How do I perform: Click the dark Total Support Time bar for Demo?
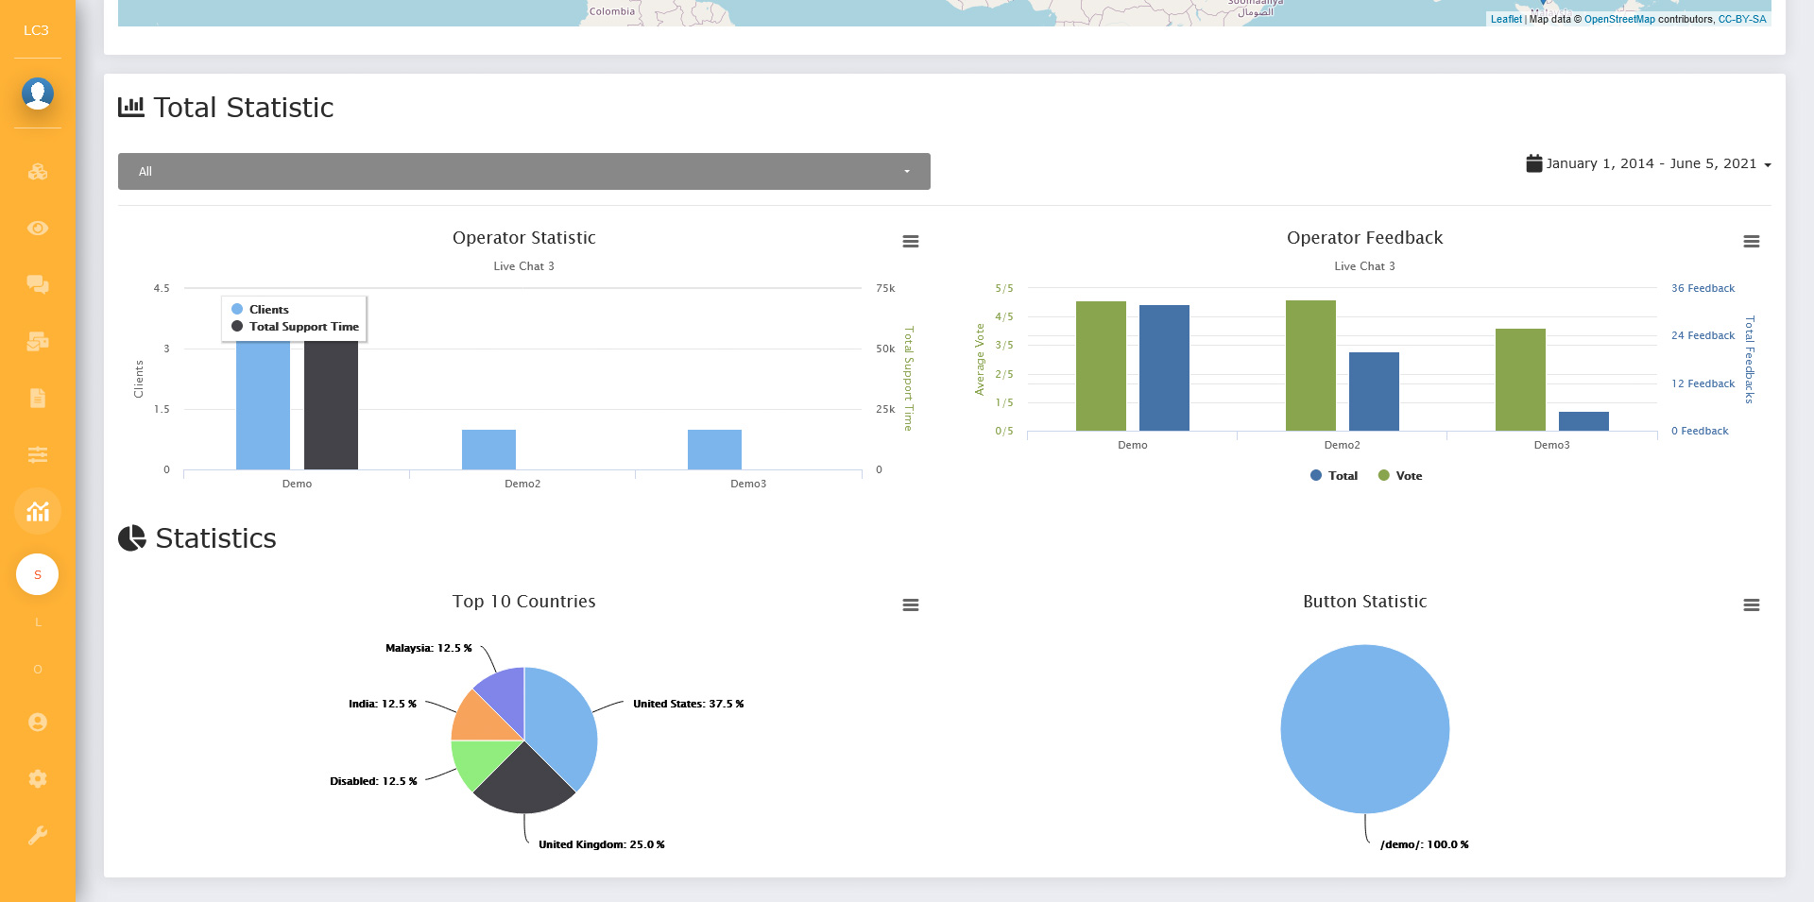331,406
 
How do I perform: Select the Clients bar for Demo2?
488,450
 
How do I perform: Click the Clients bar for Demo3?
714,450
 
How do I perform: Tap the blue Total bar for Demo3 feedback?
1583,421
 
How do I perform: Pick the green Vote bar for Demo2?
1310,366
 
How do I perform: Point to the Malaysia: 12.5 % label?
428,648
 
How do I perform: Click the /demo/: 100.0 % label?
1424,844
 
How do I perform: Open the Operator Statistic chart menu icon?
911,242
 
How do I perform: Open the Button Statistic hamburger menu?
1752,605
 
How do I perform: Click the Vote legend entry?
1400,476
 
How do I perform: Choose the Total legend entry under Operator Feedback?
1334,476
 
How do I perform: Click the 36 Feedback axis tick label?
1703,288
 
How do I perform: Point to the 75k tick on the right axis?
885,288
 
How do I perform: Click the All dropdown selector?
524,171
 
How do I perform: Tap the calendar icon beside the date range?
1533,163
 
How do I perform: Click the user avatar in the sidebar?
38,94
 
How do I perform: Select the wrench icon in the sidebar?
38,835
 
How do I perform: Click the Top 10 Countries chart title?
523,602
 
